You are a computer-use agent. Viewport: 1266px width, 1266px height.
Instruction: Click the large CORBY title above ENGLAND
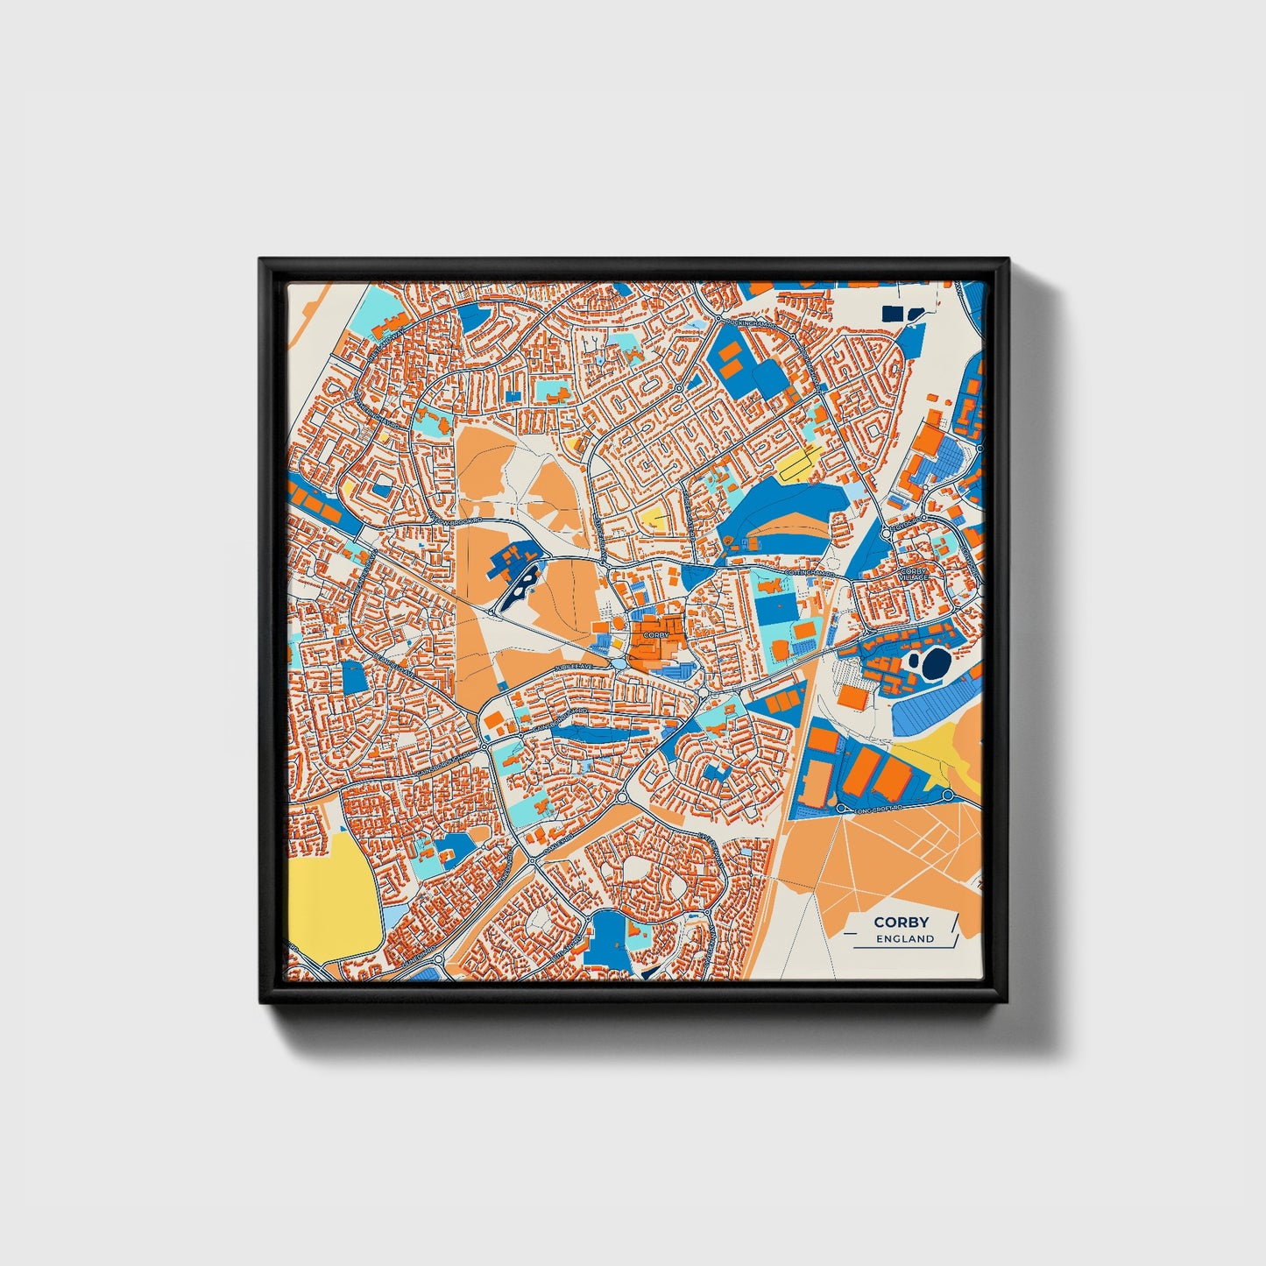point(901,922)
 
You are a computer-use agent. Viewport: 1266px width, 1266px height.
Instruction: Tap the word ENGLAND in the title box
point(905,938)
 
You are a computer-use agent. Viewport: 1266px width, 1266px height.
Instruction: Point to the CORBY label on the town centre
point(655,633)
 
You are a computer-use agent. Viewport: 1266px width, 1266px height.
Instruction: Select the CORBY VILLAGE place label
point(914,575)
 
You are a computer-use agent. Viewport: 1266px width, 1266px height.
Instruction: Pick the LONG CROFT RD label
point(878,810)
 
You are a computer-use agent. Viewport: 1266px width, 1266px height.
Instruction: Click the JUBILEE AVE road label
point(574,668)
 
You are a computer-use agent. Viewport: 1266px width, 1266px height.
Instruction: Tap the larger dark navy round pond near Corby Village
point(936,662)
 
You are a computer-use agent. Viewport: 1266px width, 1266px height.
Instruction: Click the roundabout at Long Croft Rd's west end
point(840,808)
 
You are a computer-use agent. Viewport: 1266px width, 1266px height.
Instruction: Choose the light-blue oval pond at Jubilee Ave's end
point(620,664)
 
